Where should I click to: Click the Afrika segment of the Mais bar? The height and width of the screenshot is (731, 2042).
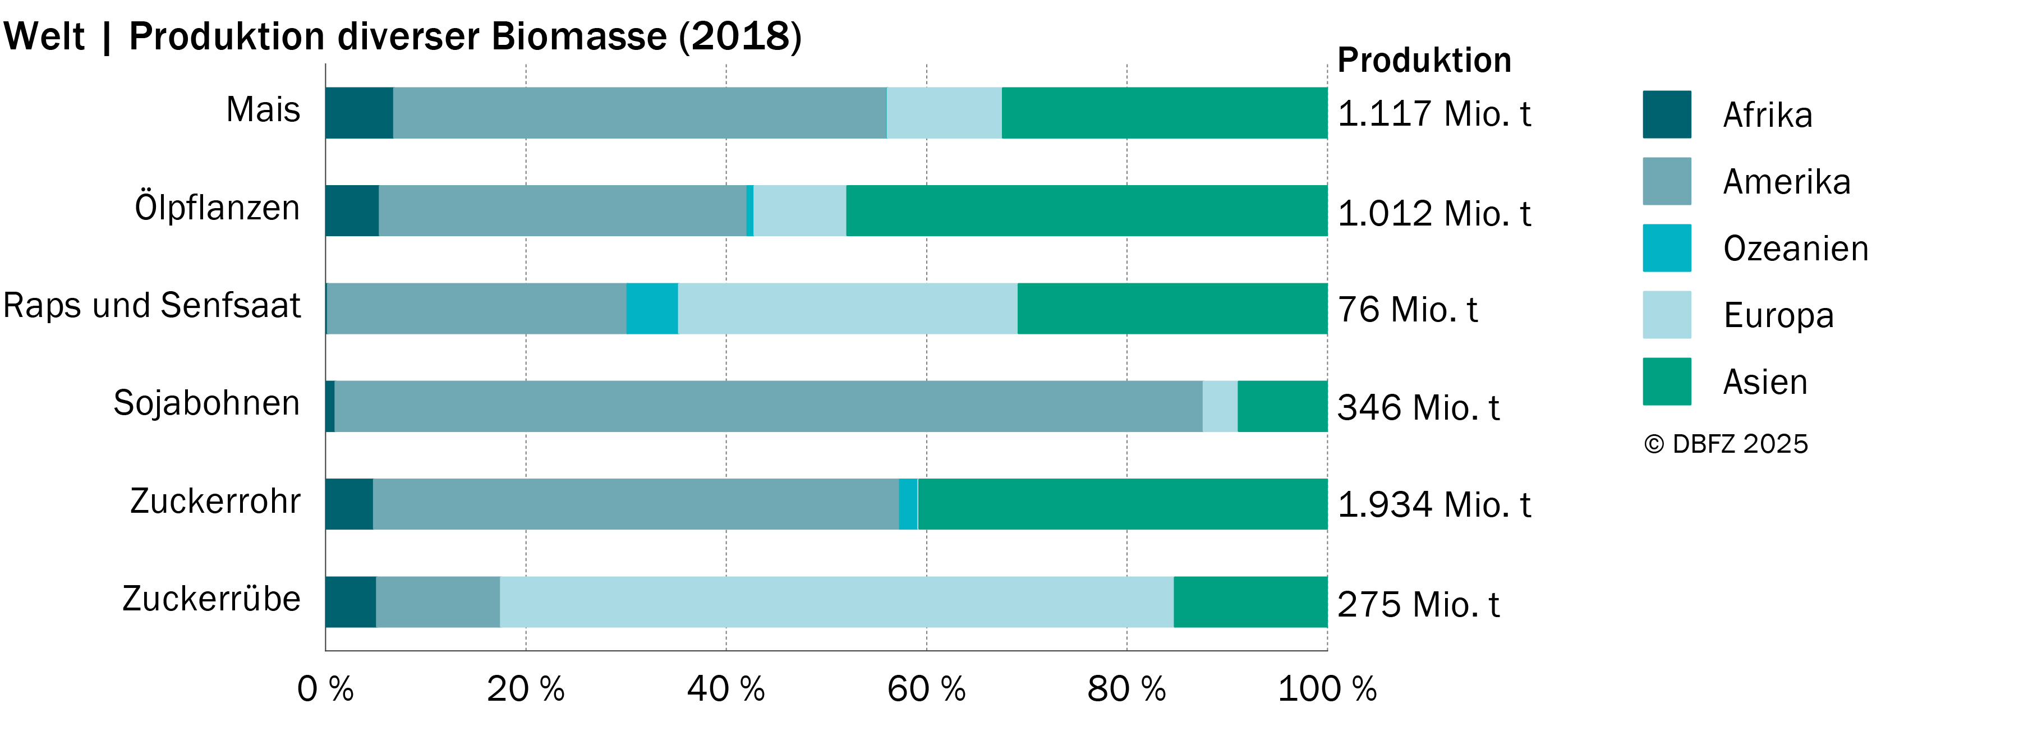tap(359, 113)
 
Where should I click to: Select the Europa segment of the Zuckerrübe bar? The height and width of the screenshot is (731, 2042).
tap(836, 602)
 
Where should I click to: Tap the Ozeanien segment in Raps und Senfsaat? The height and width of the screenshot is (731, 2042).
tap(652, 309)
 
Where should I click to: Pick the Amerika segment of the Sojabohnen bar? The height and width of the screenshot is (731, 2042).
tap(768, 406)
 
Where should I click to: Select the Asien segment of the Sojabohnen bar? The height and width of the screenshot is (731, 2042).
tap(1282, 406)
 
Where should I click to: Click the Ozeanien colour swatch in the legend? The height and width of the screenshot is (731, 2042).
tap(1667, 248)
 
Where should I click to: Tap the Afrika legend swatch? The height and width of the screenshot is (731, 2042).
tap(1667, 114)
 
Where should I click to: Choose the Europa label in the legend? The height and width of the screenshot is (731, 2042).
tap(1779, 315)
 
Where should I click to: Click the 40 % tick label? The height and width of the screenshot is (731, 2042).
tap(726, 689)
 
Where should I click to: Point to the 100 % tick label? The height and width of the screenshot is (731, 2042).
tap(1327, 689)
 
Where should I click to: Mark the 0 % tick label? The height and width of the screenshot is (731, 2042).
tap(325, 689)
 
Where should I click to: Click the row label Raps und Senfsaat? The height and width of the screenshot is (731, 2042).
tap(152, 305)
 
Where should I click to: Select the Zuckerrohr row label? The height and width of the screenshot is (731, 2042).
tap(215, 501)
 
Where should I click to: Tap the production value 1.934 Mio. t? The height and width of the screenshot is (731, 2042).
tap(1434, 504)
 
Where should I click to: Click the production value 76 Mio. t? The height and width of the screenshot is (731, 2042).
tap(1408, 309)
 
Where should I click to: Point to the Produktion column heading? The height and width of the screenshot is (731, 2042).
tap(1424, 60)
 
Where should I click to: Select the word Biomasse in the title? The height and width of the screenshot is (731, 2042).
tap(579, 36)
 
